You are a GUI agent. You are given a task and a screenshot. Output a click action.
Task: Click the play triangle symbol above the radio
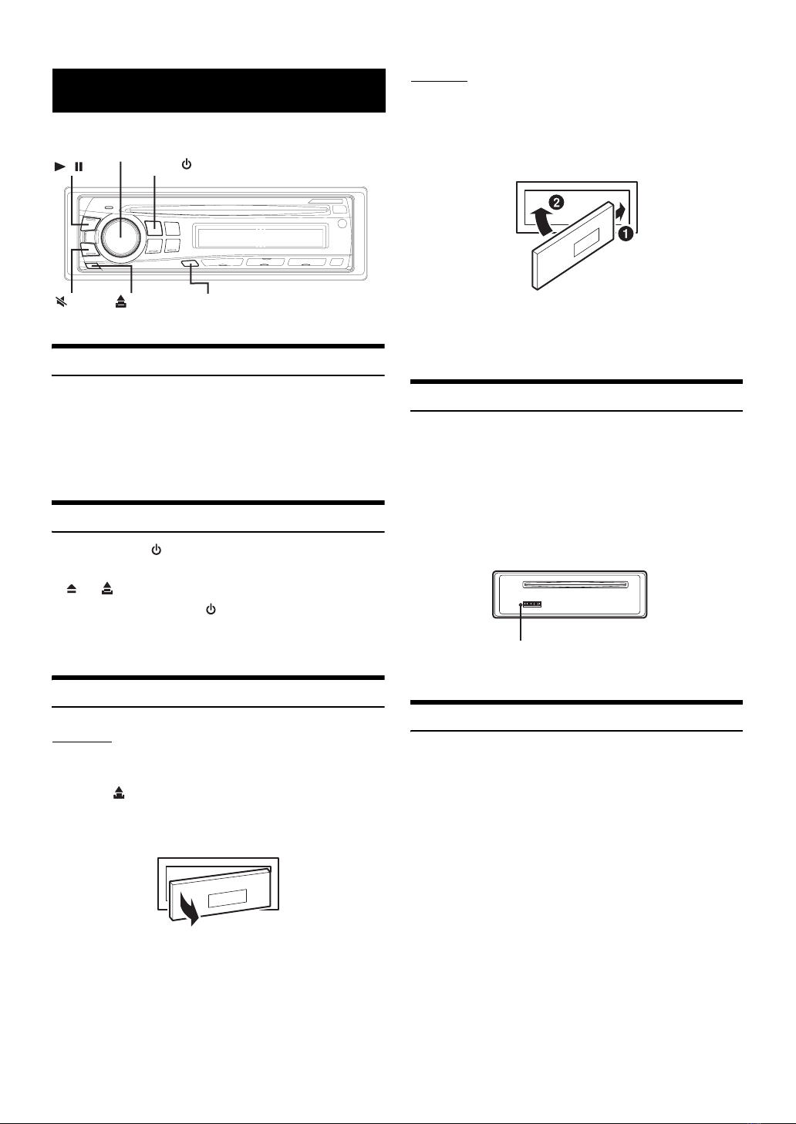[x=60, y=166]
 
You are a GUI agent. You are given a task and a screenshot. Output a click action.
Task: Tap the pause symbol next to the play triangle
[x=79, y=166]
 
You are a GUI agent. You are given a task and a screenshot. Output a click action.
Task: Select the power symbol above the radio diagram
[x=185, y=165]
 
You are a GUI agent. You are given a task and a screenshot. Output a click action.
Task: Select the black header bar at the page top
[x=218, y=90]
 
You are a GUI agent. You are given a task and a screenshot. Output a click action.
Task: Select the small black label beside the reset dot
[x=532, y=604]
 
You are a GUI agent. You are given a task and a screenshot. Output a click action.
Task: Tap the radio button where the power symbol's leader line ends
[x=154, y=228]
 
